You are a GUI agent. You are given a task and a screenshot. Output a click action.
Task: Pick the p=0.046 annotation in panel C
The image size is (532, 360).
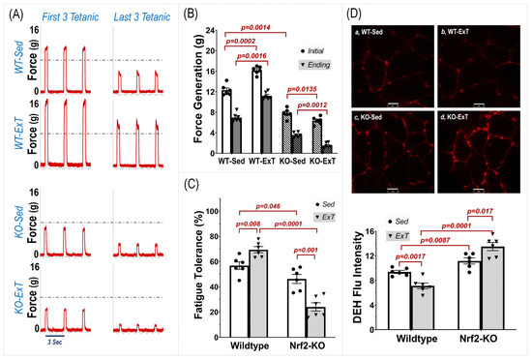(265, 206)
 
